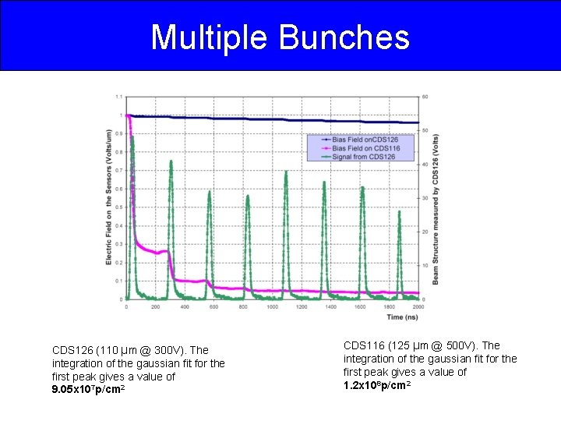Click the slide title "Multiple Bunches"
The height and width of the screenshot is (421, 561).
click(280, 37)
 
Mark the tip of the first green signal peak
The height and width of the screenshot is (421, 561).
click(132, 137)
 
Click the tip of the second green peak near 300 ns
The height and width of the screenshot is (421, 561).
click(171, 161)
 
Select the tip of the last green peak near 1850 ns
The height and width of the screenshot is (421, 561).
click(400, 211)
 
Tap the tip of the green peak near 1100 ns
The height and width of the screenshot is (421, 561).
click(286, 172)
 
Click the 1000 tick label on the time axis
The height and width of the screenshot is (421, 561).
click(272, 307)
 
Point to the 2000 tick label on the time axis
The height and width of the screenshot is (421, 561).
click(418, 307)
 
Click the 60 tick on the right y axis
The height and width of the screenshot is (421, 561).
click(425, 97)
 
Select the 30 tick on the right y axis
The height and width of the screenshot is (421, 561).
click(425, 198)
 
